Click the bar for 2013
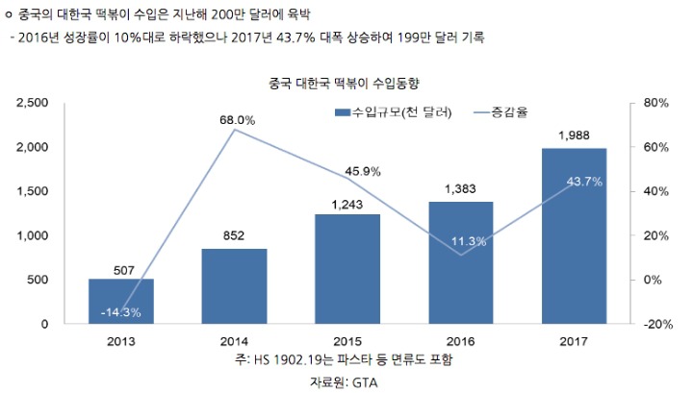coord(121,301)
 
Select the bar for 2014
coord(234,285)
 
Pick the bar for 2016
coord(460,262)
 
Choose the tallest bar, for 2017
coord(574,235)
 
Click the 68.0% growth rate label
coord(237,120)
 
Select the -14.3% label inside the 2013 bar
coord(121,311)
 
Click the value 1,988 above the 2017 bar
coord(574,135)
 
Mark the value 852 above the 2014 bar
coord(234,235)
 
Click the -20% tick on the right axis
coord(656,325)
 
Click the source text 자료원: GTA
coord(345,381)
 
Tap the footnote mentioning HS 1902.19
coord(345,359)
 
